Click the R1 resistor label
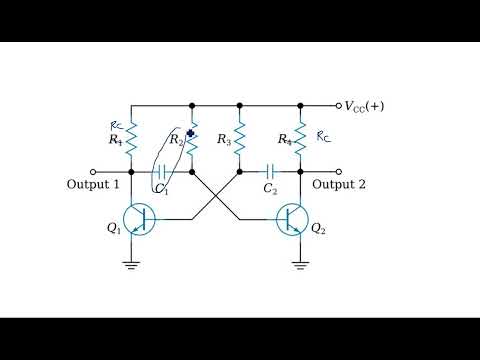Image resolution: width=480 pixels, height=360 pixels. pos(116,141)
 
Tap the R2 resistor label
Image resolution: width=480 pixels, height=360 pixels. pos(175,140)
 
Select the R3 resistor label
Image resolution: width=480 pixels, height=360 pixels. pos(223,141)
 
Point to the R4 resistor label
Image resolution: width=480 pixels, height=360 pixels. pos(285,140)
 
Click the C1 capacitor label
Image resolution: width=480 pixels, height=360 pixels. pos(161,188)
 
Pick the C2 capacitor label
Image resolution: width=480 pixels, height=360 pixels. pos(269,188)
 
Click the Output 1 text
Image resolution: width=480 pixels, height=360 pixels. pos(93,185)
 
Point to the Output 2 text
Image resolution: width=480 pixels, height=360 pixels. pos(340,185)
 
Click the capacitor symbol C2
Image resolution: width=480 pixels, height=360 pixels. pos(269,171)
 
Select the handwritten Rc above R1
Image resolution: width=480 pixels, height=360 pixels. pos(115,126)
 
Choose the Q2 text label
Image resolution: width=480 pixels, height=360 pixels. pos(318,229)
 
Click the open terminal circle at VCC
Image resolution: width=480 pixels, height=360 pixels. pos(338,104)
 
